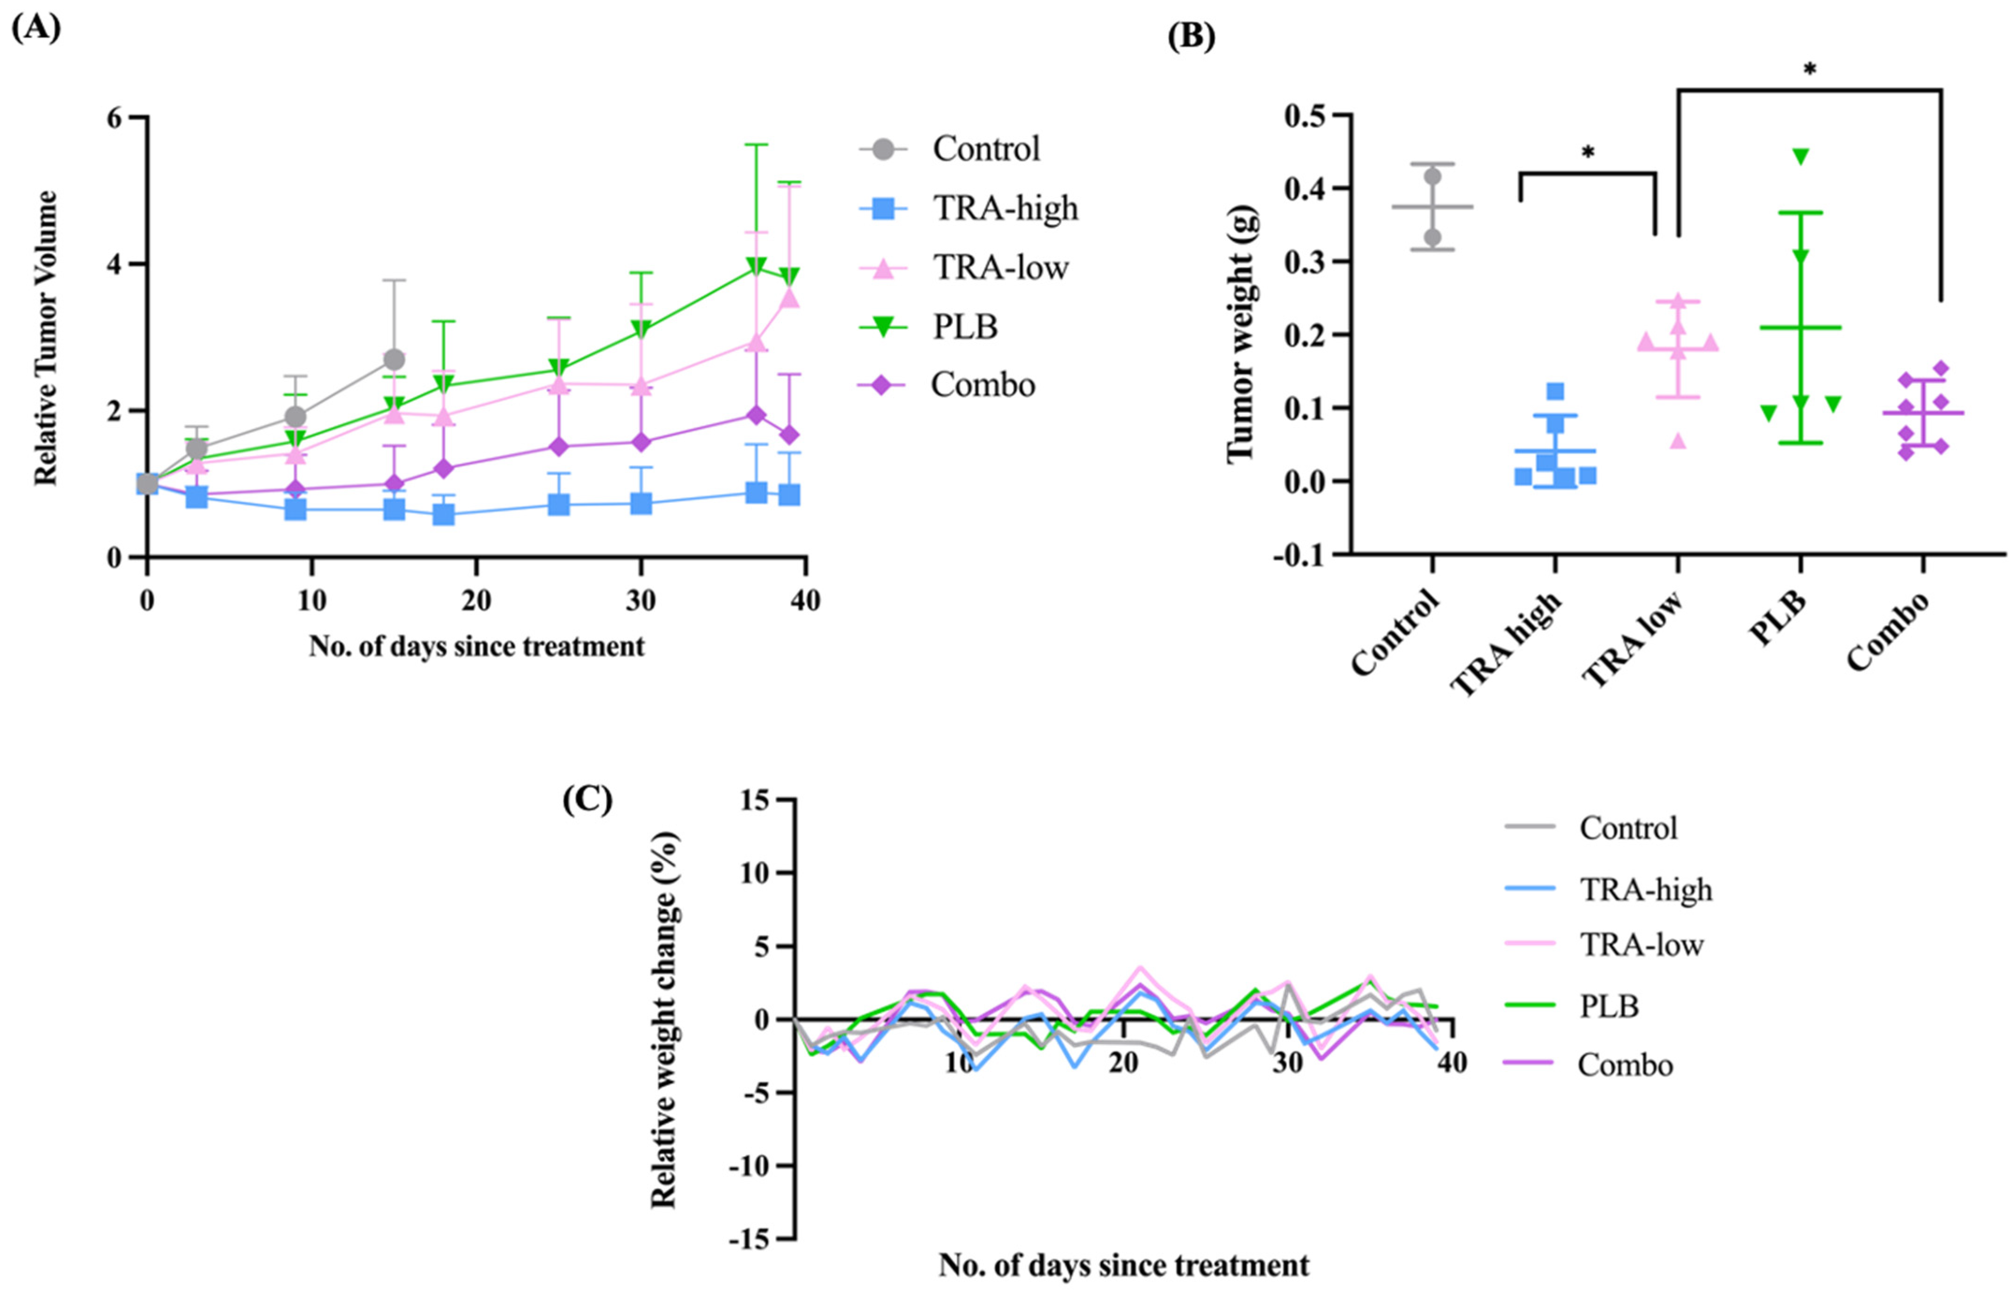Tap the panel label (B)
pyautogui.click(x=1192, y=38)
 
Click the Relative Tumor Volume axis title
pyautogui.click(x=46, y=338)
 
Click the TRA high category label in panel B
pyautogui.click(x=1507, y=643)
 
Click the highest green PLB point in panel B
pyautogui.click(x=1801, y=156)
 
